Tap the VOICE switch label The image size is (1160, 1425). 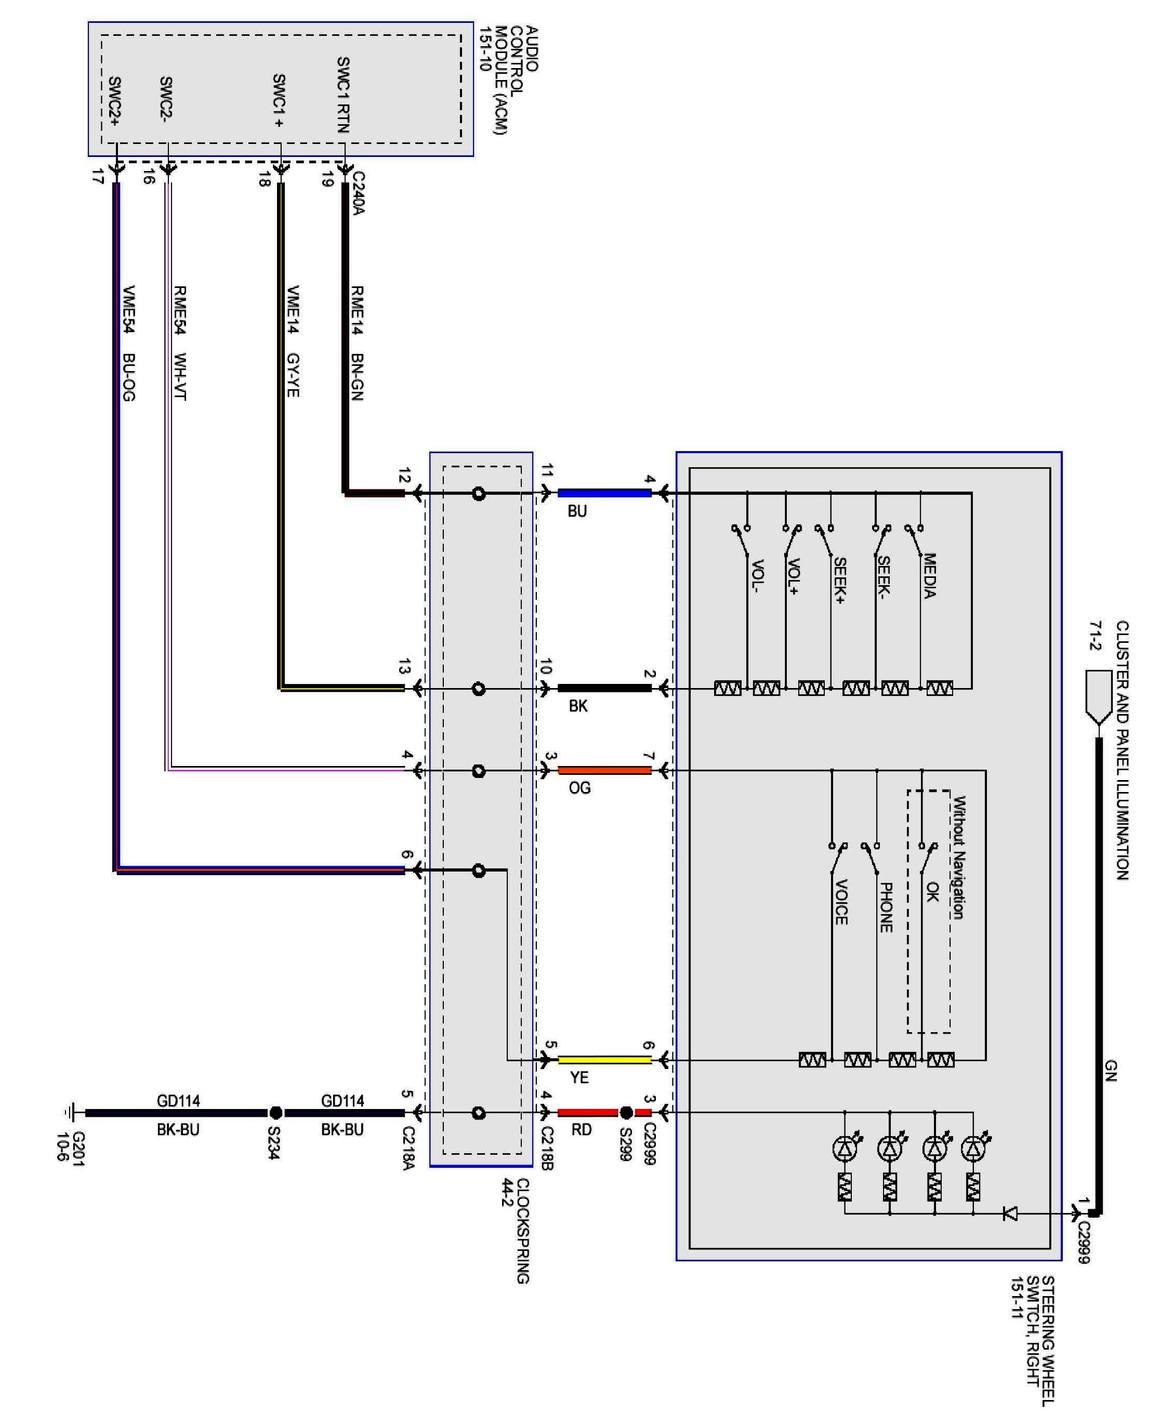pos(841,902)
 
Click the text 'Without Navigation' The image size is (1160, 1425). pos(959,857)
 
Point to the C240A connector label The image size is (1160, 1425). pos(359,194)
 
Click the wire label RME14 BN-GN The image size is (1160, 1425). pos(357,342)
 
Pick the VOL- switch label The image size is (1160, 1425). pos(758,576)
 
